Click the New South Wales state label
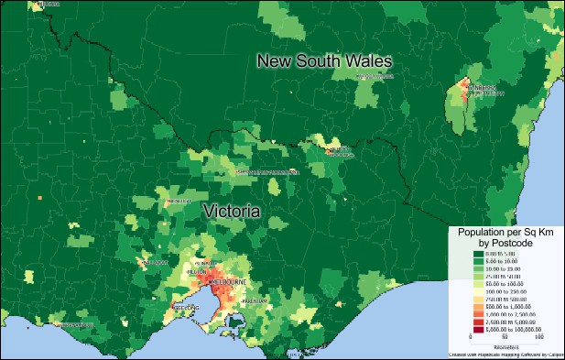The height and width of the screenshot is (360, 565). [x=324, y=61]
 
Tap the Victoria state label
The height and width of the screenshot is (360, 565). [x=231, y=211]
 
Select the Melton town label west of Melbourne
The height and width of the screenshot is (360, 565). [x=196, y=272]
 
